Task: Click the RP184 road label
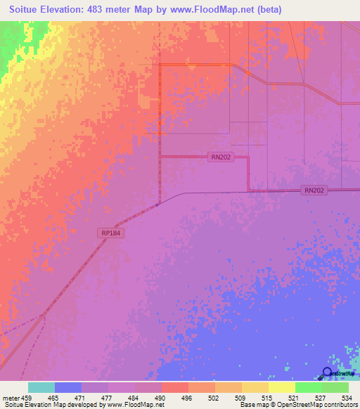110,233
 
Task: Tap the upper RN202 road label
220,158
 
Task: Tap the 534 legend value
345,397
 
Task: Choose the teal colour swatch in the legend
41,387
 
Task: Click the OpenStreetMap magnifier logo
327,374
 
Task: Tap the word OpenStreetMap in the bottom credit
295,405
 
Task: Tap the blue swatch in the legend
67,387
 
